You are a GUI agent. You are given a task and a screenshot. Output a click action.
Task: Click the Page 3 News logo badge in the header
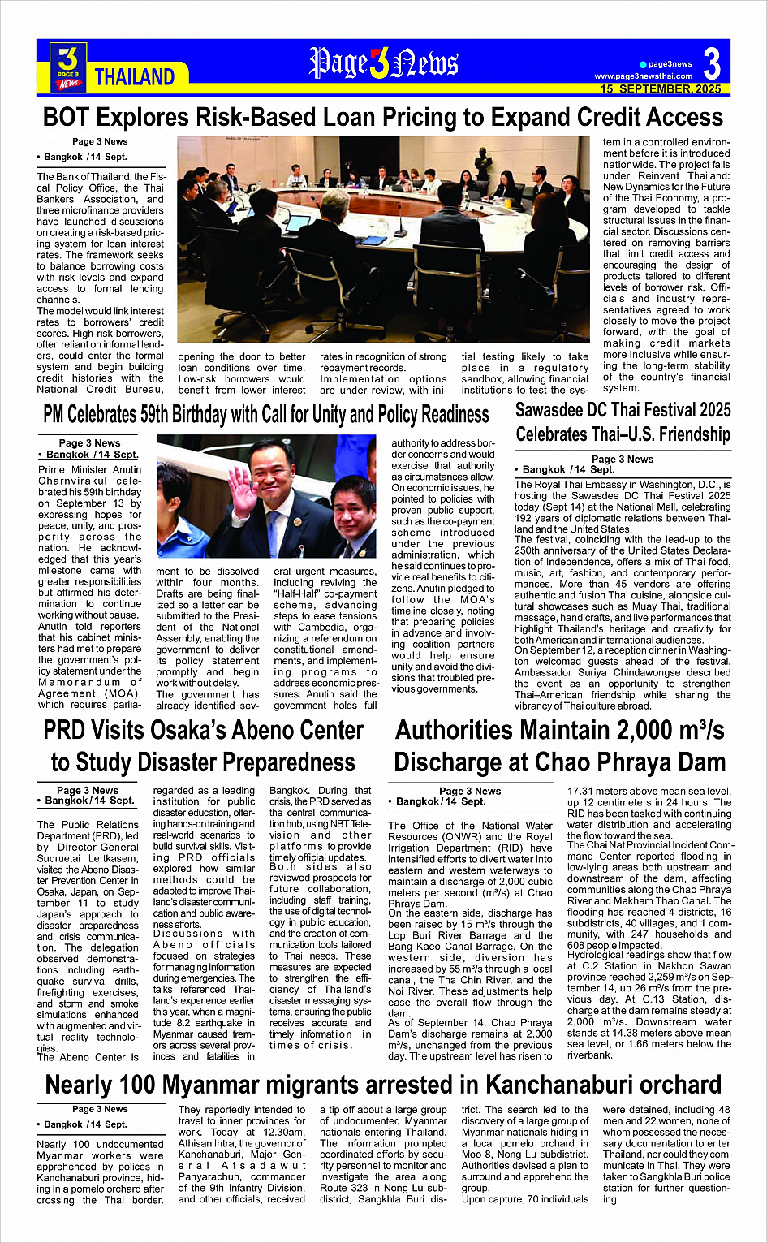tap(69, 67)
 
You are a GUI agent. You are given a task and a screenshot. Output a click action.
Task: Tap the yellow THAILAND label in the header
tap(135, 77)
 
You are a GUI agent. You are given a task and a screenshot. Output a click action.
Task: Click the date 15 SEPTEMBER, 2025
tap(661, 88)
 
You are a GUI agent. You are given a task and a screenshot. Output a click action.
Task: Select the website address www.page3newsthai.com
tap(644, 76)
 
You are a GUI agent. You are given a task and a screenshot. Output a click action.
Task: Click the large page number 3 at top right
tap(712, 63)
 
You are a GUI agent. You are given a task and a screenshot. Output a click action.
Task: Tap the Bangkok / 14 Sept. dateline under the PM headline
tap(89, 455)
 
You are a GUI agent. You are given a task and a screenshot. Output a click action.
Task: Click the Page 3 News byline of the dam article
tap(470, 791)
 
